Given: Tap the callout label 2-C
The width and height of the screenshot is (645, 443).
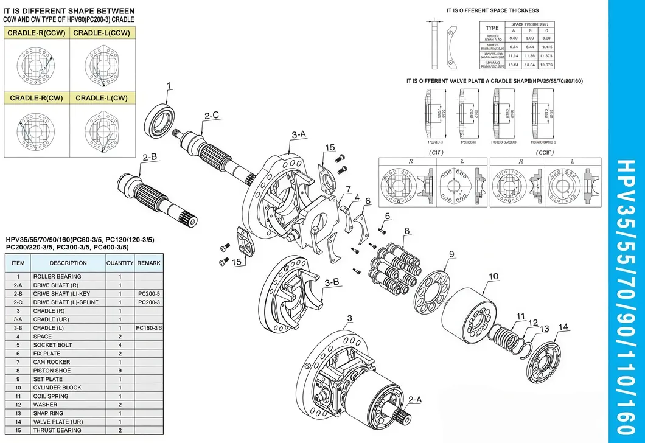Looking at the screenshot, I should pos(212,115).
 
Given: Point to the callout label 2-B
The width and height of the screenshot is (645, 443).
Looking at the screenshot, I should pos(150,157).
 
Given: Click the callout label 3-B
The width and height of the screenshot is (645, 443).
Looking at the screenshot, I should pos(332,282).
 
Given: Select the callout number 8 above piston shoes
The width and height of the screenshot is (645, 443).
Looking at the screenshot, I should pos(406,231).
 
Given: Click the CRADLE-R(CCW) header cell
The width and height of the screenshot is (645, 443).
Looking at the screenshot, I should pos(36,33).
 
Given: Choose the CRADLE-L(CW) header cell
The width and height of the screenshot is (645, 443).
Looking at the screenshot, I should pos(102,98).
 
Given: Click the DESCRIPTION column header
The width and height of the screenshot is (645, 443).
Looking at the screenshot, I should pos(68,263).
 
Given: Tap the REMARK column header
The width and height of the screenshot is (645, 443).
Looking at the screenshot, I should pos(149,263).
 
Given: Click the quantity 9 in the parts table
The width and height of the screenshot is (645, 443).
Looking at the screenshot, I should pos(120,370).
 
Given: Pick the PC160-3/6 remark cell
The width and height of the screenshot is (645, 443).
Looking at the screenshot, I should pos(149,327).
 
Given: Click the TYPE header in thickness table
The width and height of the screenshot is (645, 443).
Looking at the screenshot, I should pos(492,28).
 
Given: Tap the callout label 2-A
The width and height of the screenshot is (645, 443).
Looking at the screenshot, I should pos(415,400).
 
